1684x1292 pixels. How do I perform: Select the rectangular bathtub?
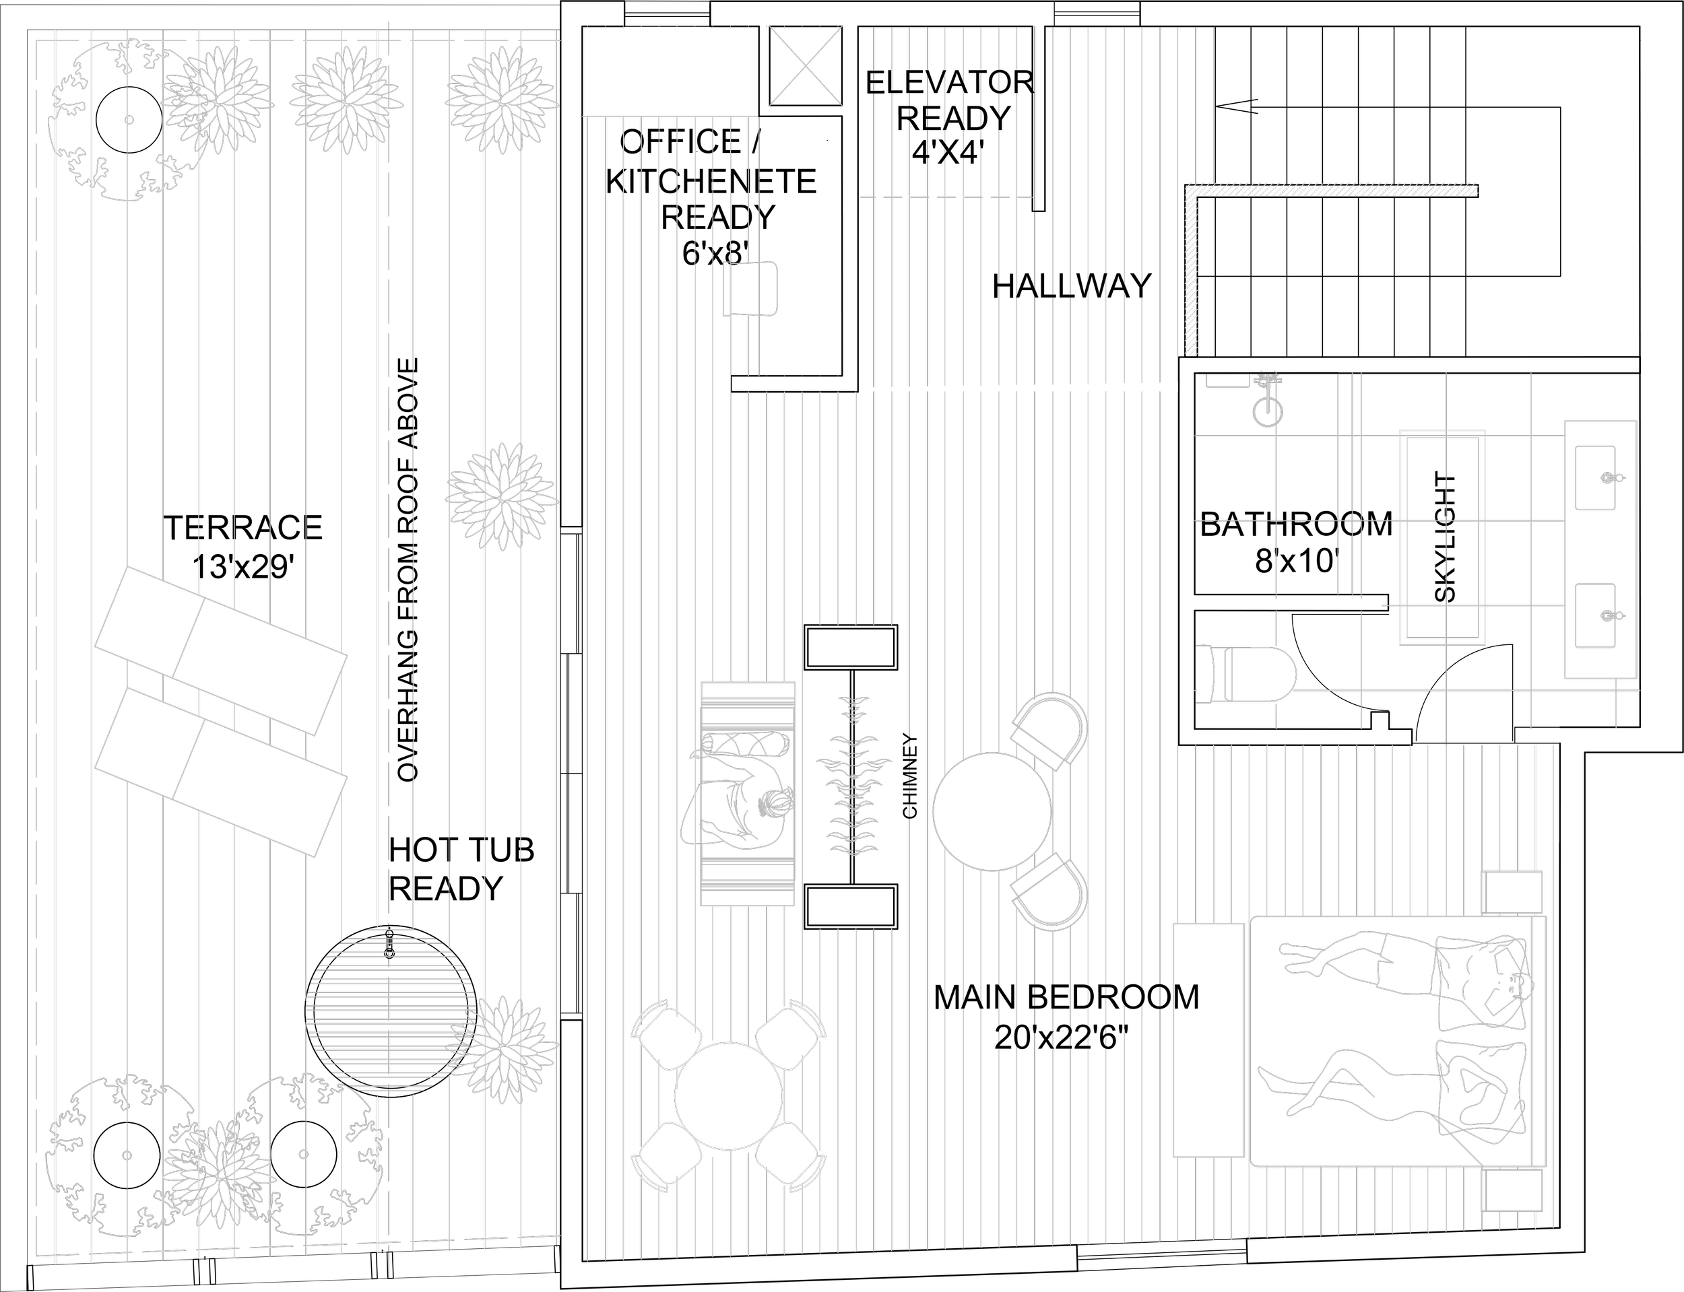pos(1442,537)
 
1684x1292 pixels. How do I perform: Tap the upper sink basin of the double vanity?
pos(1595,477)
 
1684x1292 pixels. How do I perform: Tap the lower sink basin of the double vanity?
pos(1595,615)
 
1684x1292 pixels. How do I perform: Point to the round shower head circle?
pos(1268,411)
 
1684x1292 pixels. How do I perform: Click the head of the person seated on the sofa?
pos(774,804)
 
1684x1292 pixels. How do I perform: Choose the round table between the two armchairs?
pos(992,811)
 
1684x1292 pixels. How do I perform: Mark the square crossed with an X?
pos(806,65)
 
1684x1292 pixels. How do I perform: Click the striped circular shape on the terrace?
pos(391,1010)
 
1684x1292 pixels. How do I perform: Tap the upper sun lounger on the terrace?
pos(221,651)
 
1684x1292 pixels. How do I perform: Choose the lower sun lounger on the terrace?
pos(221,772)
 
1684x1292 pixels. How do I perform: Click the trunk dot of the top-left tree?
pos(129,120)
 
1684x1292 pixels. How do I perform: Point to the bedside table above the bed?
pos(1512,892)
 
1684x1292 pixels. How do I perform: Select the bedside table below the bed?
pos(1512,1190)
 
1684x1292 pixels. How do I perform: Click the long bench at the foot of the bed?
pos(1208,1040)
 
